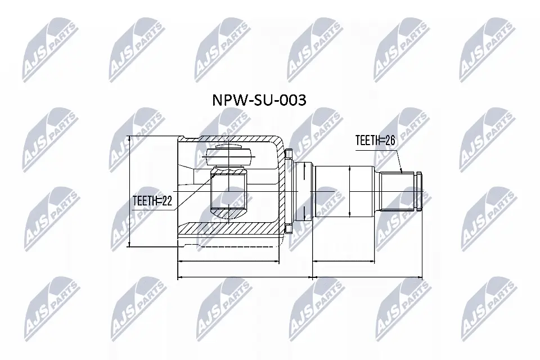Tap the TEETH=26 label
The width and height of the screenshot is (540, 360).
pyautogui.click(x=375, y=141)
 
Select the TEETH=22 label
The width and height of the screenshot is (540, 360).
pyautogui.click(x=152, y=200)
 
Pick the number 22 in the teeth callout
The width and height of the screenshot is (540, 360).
pyautogui.click(x=165, y=200)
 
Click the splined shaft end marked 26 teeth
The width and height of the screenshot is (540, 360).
pyautogui.click(x=401, y=191)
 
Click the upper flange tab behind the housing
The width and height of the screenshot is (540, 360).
pyautogui.click(x=289, y=154)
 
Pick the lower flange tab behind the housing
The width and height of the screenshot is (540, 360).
pyautogui.click(x=289, y=228)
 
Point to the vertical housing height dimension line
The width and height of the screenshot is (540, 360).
pyautogui.click(x=130, y=191)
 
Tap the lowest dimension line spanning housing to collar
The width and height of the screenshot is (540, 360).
pyautogui.click(x=245, y=277)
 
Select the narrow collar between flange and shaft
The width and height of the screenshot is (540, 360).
pyautogui.click(x=304, y=191)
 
